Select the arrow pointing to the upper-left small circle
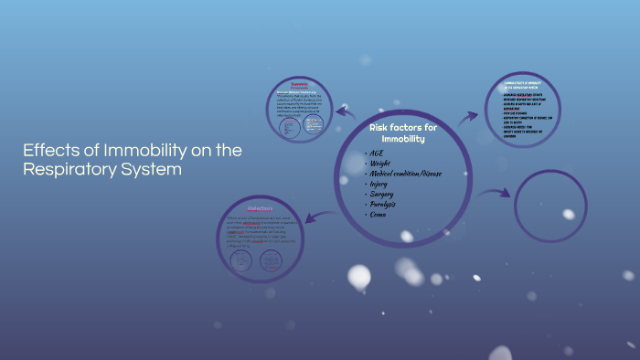coord(345,111)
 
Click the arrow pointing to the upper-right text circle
coord(467,116)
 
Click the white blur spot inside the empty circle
coord(569,214)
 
